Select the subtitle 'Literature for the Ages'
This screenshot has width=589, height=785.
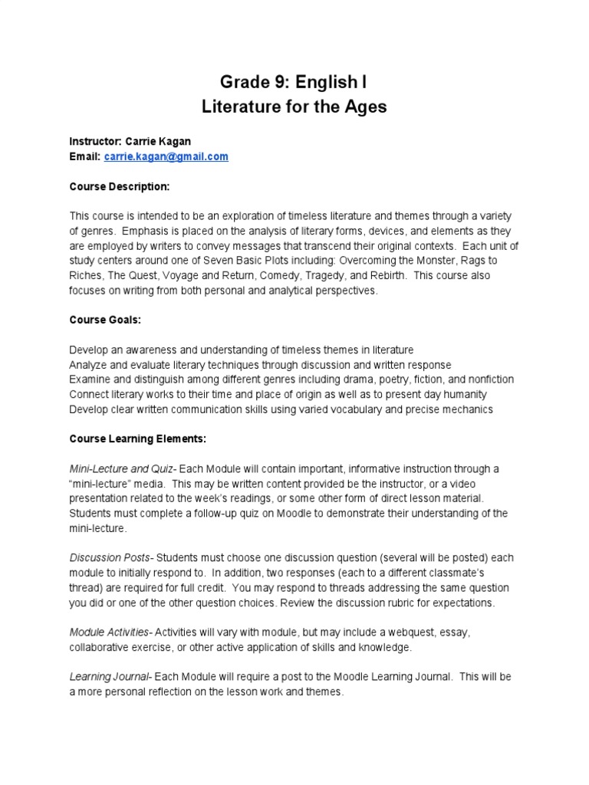(x=294, y=107)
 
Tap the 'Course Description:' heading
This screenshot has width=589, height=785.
(x=119, y=186)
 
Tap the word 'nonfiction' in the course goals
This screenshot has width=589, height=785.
(x=485, y=379)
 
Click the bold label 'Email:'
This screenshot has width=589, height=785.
(x=85, y=156)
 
